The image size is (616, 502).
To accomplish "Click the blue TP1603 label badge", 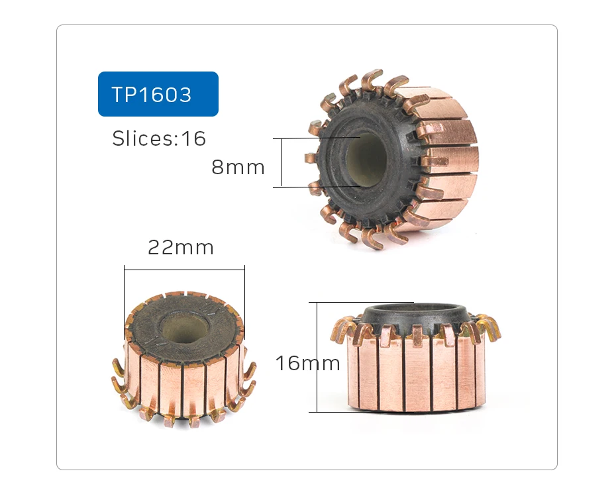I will tap(158, 94).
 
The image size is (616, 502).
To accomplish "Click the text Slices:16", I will tap(159, 139).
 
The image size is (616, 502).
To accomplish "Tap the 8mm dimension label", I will tap(238, 168).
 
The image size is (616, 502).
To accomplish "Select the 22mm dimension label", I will tap(181, 248).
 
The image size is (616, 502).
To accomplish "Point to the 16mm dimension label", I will tap(307, 363).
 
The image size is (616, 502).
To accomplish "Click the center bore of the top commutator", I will tap(366, 159).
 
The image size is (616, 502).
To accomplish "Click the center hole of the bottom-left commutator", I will tap(183, 328).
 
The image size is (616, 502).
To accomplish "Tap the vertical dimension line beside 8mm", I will tap(282, 162).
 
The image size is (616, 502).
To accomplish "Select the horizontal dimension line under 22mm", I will tap(184, 269).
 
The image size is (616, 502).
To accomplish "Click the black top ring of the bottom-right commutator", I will tap(414, 311).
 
